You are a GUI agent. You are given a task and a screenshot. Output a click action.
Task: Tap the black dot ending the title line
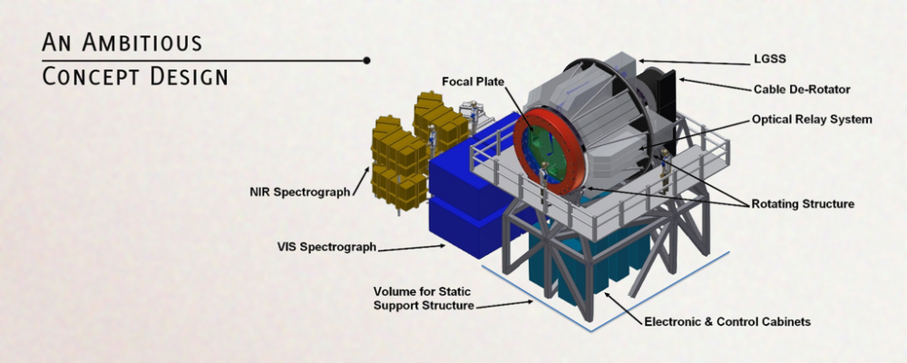pos(366,60)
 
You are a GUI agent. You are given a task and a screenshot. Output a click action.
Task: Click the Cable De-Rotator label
pos(802,90)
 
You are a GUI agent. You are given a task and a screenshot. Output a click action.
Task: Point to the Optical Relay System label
pos(812,120)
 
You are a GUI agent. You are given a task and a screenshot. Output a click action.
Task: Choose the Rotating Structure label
pos(803,204)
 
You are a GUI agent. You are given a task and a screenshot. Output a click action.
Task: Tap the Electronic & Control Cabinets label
pos(727,322)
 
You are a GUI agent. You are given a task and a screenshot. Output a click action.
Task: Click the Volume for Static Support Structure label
pos(424,299)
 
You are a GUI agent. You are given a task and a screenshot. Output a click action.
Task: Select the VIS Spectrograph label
pos(327,247)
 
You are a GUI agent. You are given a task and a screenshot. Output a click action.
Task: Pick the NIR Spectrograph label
pos(299,191)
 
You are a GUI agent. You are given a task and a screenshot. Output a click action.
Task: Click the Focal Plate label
pos(473,82)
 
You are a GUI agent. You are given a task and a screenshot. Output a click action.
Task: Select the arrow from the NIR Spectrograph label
pos(361,180)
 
